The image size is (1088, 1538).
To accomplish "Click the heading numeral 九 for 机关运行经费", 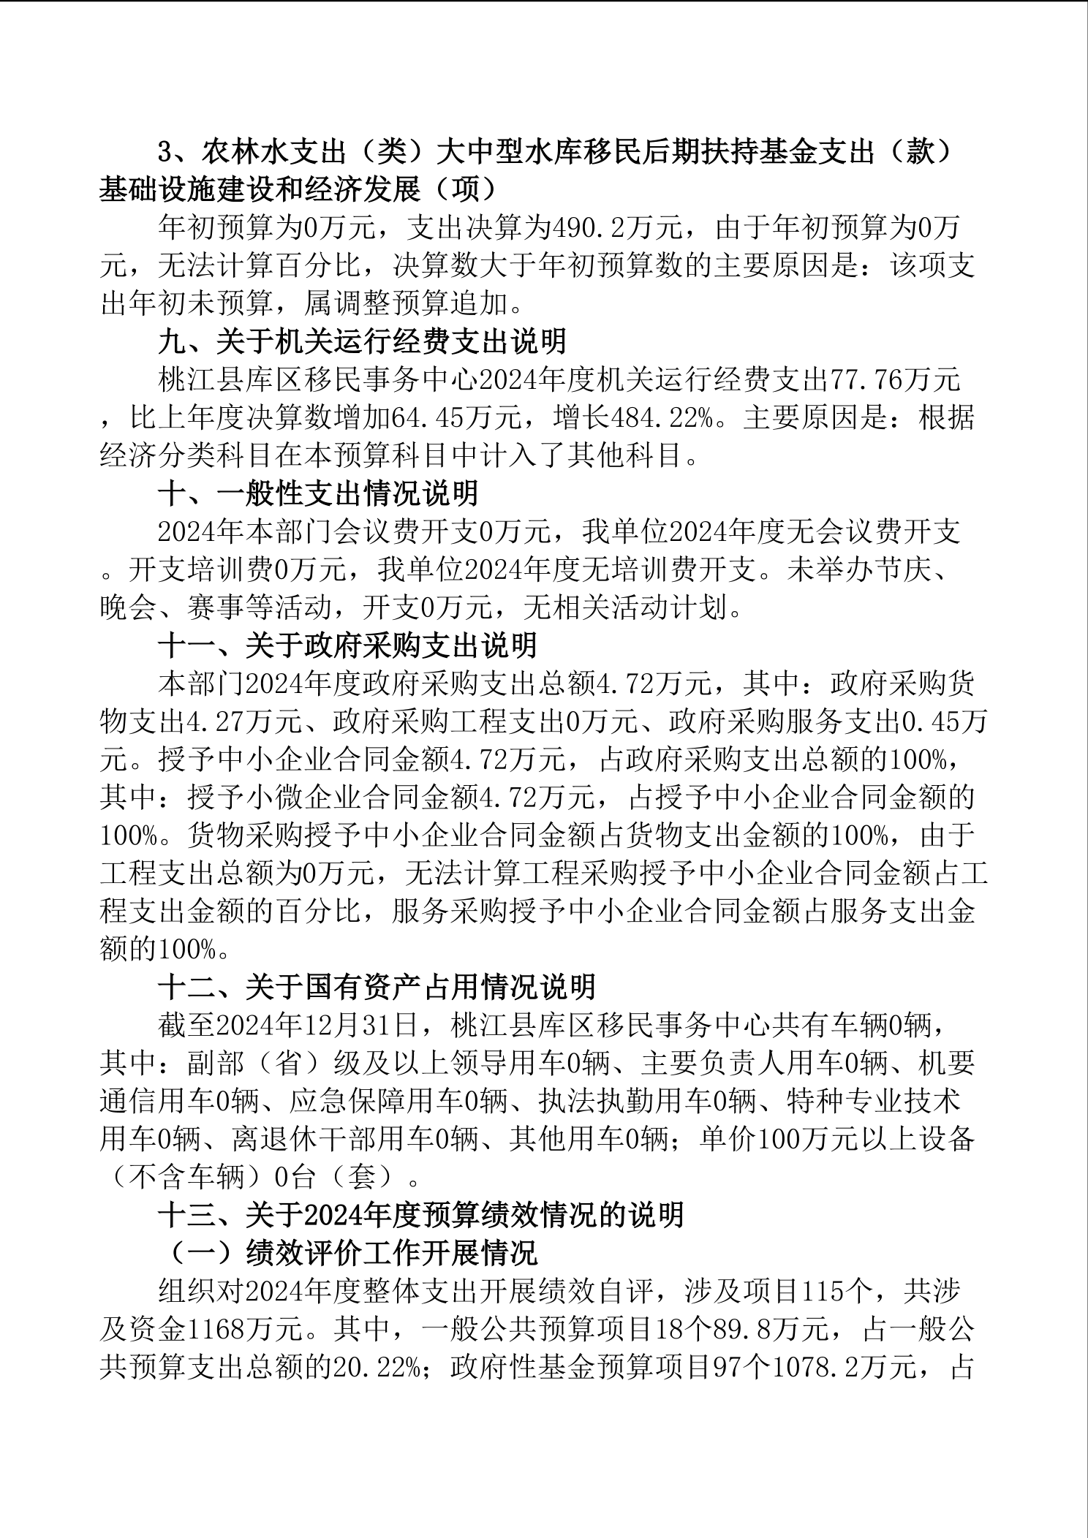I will coord(173,341).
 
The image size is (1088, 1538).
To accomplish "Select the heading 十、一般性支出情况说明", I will coord(318,493).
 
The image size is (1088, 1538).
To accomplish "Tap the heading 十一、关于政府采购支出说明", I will coord(347,645).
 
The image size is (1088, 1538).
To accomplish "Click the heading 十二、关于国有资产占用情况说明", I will coord(377,988).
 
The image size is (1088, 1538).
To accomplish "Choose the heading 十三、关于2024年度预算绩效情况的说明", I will coord(420,1216).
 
